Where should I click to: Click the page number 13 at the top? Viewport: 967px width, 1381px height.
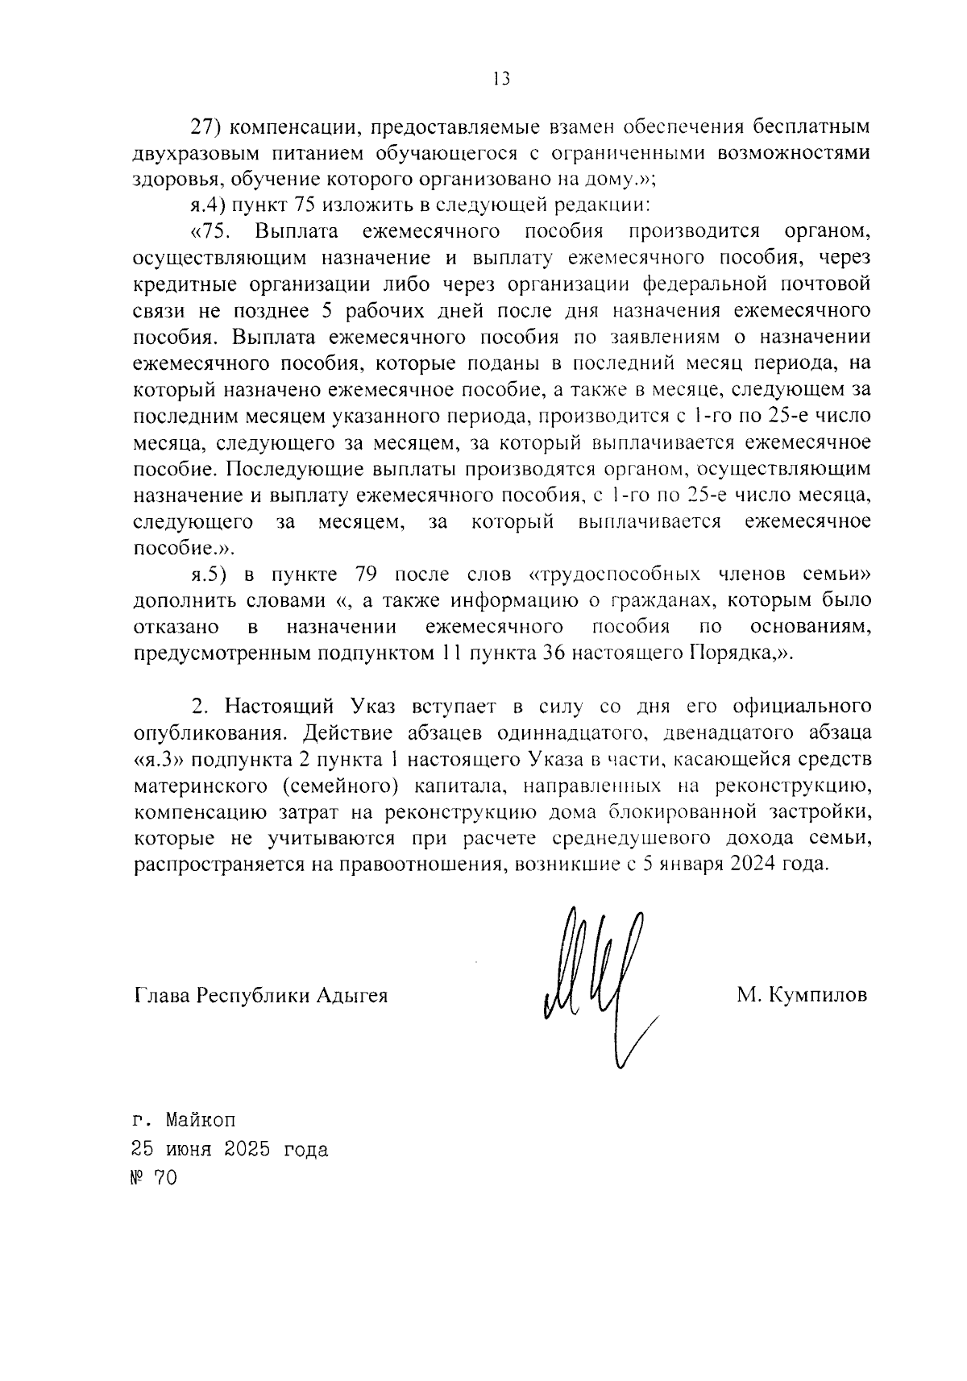tap(500, 79)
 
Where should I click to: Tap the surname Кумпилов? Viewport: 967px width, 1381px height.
tap(818, 995)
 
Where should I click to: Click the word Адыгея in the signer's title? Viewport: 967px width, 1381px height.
tap(352, 995)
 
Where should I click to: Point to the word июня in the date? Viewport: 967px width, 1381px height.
tap(186, 1149)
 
